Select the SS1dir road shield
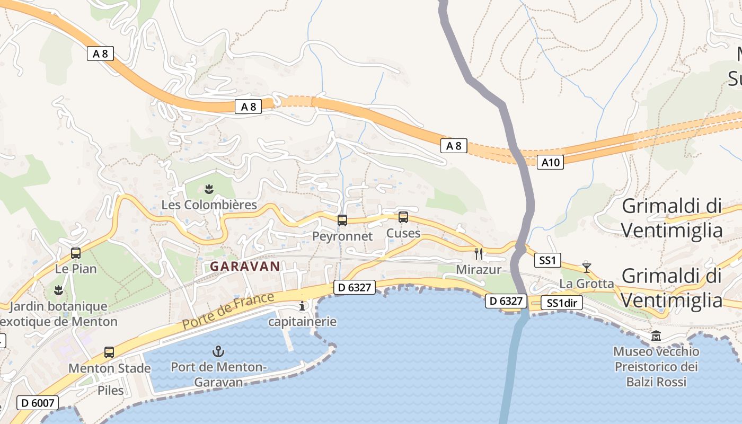[x=561, y=303]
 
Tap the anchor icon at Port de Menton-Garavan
[x=218, y=351]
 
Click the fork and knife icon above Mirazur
[x=479, y=254]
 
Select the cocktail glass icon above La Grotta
[x=586, y=268]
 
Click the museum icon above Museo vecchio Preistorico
[x=656, y=336]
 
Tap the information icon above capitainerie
[x=302, y=306]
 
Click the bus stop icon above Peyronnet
[x=342, y=220]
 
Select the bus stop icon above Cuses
[x=403, y=217]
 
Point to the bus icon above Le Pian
[x=76, y=253]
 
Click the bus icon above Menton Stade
[x=109, y=352]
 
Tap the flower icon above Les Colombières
[x=209, y=189]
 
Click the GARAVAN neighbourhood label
[x=245, y=267]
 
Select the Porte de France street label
[x=228, y=310]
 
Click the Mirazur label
[x=479, y=270]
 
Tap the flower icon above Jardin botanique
[x=58, y=290]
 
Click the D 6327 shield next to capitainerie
[x=355, y=288]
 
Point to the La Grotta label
[x=586, y=284]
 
